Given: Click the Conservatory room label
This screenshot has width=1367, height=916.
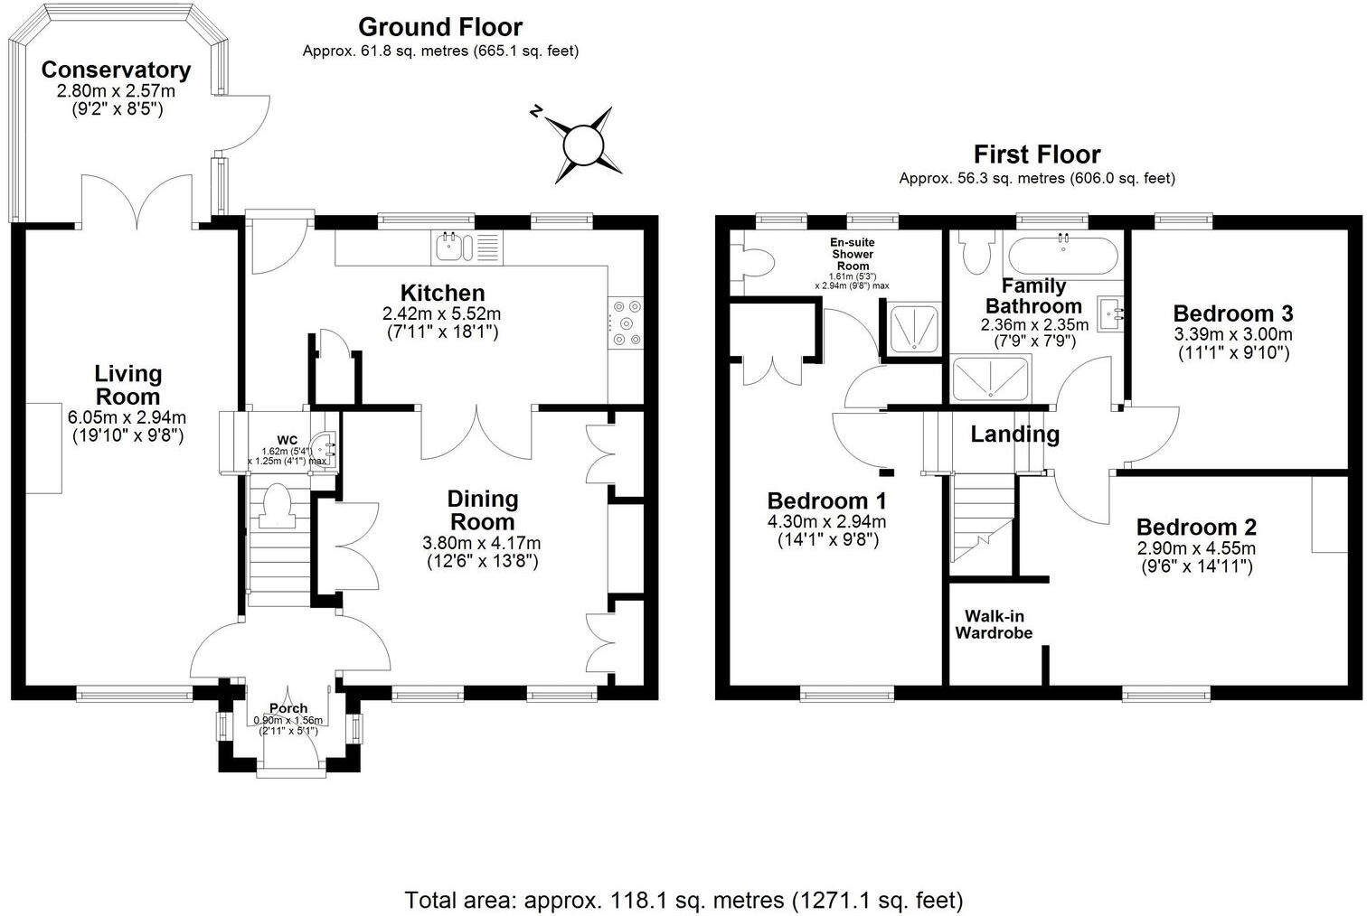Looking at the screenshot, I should [x=116, y=70].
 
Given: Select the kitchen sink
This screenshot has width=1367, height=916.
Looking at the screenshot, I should [x=448, y=247].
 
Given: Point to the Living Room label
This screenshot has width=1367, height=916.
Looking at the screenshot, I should [x=127, y=384].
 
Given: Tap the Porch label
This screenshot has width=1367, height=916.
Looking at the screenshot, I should [x=288, y=708].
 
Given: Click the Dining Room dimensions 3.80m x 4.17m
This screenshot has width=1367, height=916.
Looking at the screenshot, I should [x=483, y=543].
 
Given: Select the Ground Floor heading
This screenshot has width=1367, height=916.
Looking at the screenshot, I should [x=440, y=27].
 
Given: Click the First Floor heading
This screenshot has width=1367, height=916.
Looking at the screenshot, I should [x=1036, y=154].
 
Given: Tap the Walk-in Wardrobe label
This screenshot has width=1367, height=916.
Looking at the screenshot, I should [x=994, y=624].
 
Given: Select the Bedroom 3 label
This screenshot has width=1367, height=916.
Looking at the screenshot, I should [x=1232, y=313].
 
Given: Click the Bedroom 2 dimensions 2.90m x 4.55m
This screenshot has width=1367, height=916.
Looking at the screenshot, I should [x=1196, y=548].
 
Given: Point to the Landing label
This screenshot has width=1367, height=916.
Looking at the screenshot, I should [x=1014, y=435].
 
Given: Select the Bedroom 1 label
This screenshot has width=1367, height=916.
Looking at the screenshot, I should [x=826, y=500].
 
